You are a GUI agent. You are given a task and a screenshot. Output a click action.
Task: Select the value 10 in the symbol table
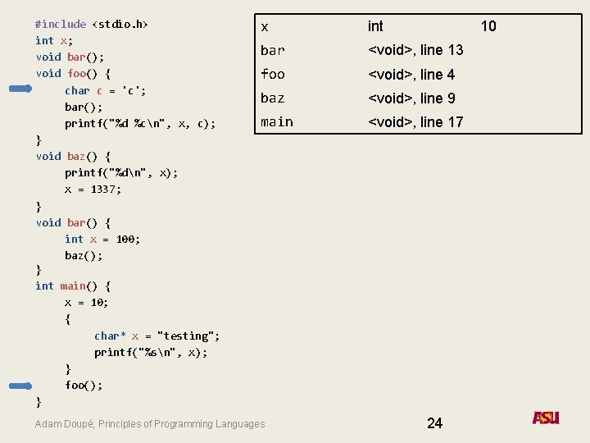[x=488, y=26]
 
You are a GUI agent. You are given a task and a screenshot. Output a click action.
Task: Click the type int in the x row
[x=375, y=26]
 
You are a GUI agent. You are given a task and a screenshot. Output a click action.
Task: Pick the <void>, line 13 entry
[x=415, y=50]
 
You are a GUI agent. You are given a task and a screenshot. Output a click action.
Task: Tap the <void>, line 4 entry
[x=411, y=75]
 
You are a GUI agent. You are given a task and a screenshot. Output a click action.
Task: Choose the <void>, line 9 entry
[x=411, y=98]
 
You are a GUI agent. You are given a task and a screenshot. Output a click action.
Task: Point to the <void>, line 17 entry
[x=415, y=122]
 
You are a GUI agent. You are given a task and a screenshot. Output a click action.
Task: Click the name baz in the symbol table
[x=272, y=98]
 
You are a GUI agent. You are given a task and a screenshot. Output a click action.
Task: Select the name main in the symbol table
[x=276, y=122]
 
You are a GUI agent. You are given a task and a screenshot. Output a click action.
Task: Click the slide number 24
[x=434, y=422]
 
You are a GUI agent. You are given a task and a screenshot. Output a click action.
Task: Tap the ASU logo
[x=546, y=418]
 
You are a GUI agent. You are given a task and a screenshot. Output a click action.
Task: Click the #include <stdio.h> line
[x=92, y=24]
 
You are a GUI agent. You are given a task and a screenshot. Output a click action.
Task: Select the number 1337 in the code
[x=106, y=189]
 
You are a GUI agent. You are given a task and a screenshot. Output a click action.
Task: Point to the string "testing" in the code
[x=188, y=336]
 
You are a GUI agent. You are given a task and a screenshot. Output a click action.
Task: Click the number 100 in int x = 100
[x=126, y=239]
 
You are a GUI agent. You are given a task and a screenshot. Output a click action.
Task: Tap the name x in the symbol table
[x=264, y=27]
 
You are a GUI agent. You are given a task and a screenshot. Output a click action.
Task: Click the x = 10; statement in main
[x=87, y=302]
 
